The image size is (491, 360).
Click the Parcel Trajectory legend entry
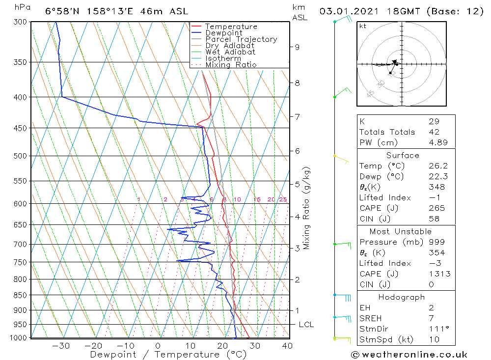point(241,39)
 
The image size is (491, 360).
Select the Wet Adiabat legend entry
point(230,52)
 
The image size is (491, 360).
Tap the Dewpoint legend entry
point(224,33)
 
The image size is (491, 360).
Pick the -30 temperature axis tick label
point(61,346)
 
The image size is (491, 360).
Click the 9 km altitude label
point(297,47)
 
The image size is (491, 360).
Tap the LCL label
point(306,325)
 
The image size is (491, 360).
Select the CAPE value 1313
point(436,274)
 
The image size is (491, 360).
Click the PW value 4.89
point(436,142)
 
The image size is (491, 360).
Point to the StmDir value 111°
point(436,329)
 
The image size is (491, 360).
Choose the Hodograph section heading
point(402,297)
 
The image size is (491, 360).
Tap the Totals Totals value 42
point(433,132)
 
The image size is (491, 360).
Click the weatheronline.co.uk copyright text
point(409,355)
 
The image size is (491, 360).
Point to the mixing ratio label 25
point(283,199)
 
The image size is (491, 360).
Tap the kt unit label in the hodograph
point(363,26)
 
